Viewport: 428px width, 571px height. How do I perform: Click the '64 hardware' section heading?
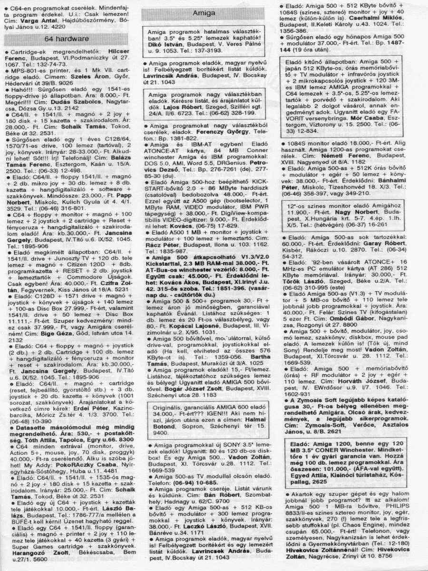[67, 39]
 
